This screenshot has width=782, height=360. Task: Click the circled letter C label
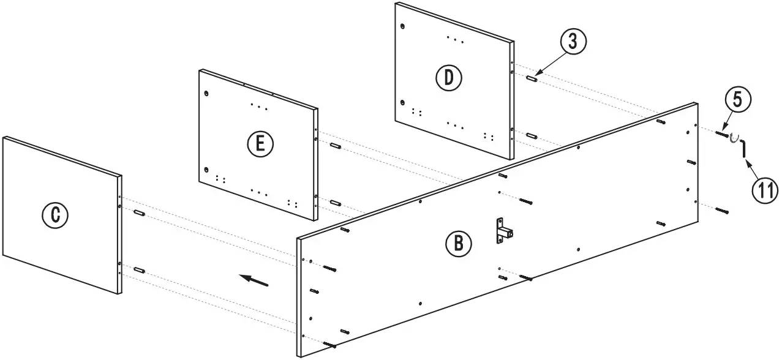click(x=55, y=214)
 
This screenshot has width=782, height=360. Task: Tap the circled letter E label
click(x=260, y=144)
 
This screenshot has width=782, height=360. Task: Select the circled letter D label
click(x=449, y=77)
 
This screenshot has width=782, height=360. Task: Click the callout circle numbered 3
click(x=572, y=42)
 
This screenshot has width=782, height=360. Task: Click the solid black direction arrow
click(x=254, y=280)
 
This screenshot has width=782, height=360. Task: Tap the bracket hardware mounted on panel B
click(x=504, y=231)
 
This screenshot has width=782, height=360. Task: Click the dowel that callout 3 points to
click(x=532, y=78)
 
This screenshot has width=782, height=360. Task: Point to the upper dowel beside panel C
click(x=139, y=213)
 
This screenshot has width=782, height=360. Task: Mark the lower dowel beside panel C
click(x=139, y=269)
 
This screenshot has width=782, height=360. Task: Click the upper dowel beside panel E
click(x=335, y=146)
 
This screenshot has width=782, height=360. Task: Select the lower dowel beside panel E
click(x=335, y=202)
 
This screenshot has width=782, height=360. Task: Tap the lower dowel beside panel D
click(x=532, y=135)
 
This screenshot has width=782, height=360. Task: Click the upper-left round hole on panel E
click(x=207, y=93)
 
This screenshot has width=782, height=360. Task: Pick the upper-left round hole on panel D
click(x=402, y=26)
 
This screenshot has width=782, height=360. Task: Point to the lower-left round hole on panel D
click(x=402, y=102)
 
